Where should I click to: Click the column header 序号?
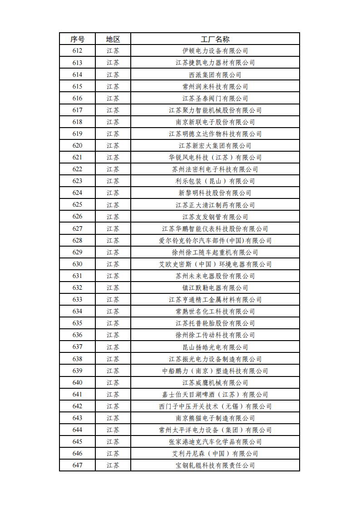(x=77, y=39)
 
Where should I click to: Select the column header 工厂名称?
(x=215, y=39)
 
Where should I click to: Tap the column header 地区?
(x=113, y=39)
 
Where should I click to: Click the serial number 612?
(x=77, y=51)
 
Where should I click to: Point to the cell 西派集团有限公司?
(x=215, y=74)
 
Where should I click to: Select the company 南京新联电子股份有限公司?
(x=215, y=122)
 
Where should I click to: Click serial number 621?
(x=77, y=157)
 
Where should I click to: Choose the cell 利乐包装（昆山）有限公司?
(x=215, y=181)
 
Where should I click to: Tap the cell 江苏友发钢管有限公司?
(x=215, y=217)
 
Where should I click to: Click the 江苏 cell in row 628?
(x=113, y=240)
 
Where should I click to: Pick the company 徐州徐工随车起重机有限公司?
(x=215, y=252)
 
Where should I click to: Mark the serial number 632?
(x=77, y=287)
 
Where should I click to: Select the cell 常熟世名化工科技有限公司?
(x=215, y=311)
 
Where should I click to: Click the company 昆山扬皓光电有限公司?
(x=215, y=347)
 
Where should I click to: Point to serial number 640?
(x=77, y=382)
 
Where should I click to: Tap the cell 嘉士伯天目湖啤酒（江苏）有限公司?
(x=215, y=394)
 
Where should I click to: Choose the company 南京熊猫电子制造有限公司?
(x=215, y=418)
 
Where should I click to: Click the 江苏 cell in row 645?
(x=113, y=441)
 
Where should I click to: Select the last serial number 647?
(x=77, y=465)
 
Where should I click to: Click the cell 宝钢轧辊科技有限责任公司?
(x=215, y=465)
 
